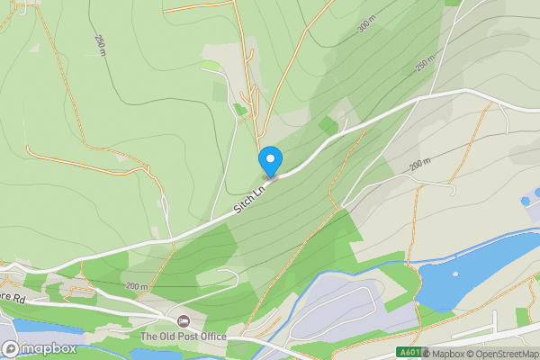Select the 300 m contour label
click(364, 26)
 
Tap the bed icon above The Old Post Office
click(184, 321)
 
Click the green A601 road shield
click(409, 353)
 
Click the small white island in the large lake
click(455, 274)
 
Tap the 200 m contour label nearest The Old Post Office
click(137, 286)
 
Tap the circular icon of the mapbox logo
click(11, 348)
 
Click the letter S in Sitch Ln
click(238, 208)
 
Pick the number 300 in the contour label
click(363, 27)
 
